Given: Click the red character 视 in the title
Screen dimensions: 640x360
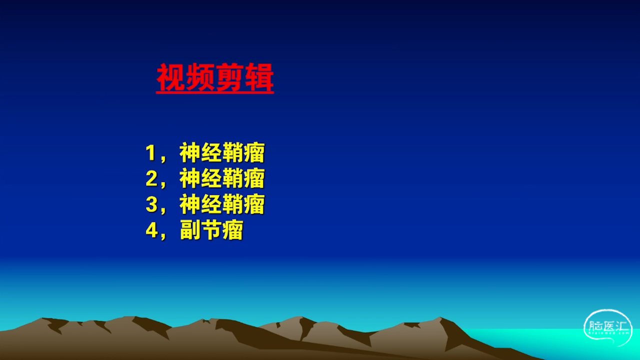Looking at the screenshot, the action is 171,76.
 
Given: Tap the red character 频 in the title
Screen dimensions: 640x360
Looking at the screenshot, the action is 200,76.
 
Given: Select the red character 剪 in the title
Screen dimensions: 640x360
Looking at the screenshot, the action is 229,76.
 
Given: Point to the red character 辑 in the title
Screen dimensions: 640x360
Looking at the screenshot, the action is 259,76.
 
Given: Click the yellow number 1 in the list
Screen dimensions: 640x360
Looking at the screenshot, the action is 150,153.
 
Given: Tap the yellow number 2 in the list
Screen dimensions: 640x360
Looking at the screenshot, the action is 151,178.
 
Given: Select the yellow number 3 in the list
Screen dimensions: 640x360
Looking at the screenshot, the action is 151,204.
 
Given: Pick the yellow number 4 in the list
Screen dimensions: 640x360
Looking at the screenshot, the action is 151,230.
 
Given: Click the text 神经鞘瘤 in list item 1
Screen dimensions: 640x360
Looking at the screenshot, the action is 222,152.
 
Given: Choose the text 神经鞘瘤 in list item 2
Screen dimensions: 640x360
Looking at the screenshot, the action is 222,178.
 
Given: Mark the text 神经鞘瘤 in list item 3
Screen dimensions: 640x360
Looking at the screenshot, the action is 222,204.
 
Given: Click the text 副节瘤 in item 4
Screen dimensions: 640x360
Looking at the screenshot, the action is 211,229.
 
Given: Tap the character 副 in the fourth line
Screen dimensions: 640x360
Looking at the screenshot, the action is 190,229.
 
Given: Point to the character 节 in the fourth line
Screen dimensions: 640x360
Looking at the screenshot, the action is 211,229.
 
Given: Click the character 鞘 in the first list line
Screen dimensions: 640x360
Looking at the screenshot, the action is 233,152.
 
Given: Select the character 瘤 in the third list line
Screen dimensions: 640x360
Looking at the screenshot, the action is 254,204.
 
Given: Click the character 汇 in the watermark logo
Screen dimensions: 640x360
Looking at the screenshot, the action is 621,326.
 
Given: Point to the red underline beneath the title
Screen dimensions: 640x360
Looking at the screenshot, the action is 215,92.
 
